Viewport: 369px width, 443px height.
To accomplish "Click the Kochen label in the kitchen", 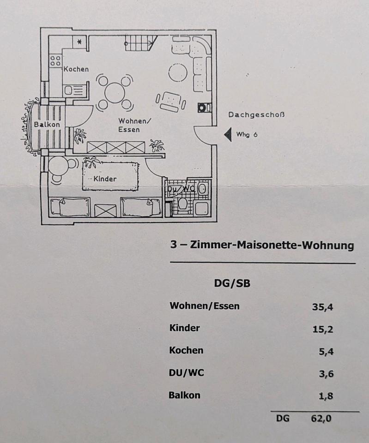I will coord(76,69).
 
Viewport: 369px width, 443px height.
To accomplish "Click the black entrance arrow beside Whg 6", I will coord(227,135).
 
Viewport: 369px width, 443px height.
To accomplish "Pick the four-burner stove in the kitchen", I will coord(56,60).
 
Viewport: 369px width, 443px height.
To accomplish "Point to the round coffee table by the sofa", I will coord(177,72).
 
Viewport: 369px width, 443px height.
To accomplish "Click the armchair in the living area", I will coord(170,101).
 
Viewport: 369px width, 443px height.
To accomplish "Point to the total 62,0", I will coord(321,419).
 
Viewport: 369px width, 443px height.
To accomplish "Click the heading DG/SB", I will coord(232,283).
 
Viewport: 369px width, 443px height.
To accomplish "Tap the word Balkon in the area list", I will coord(185,395).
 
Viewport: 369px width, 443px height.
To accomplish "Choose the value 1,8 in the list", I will coord(326,396).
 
